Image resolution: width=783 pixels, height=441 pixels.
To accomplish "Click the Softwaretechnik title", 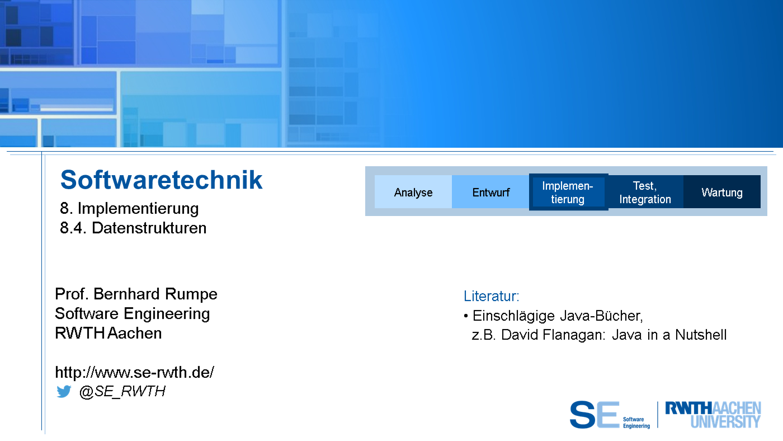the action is [x=161, y=180].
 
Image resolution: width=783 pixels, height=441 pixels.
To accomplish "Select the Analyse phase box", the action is [x=413, y=191].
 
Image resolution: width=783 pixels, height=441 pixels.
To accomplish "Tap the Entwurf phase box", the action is [x=490, y=191].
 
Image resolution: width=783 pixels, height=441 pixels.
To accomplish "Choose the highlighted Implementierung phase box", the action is [x=568, y=192].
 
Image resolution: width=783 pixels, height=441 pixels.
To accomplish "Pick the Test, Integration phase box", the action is [x=645, y=192].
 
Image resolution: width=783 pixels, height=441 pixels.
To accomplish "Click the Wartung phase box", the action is [x=722, y=192].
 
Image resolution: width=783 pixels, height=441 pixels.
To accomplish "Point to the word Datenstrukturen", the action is [x=149, y=228].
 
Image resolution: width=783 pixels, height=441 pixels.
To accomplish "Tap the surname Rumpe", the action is [x=191, y=294].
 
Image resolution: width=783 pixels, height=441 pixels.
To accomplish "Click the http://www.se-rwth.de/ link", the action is [x=135, y=373].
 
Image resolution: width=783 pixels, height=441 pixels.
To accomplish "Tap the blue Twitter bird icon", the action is [x=64, y=391].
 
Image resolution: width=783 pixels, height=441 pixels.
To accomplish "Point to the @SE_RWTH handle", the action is [x=122, y=392].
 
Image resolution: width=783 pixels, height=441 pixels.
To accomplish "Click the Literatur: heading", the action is [x=491, y=296].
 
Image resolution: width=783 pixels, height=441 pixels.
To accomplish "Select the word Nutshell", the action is [x=700, y=335].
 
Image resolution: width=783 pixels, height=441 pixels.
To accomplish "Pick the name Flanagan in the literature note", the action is [x=574, y=335].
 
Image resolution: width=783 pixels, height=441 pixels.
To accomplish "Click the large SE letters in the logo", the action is [x=595, y=415].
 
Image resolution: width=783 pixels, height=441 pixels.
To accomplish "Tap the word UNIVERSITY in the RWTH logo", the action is [x=725, y=422].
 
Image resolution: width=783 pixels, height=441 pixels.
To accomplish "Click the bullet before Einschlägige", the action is [x=465, y=316].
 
